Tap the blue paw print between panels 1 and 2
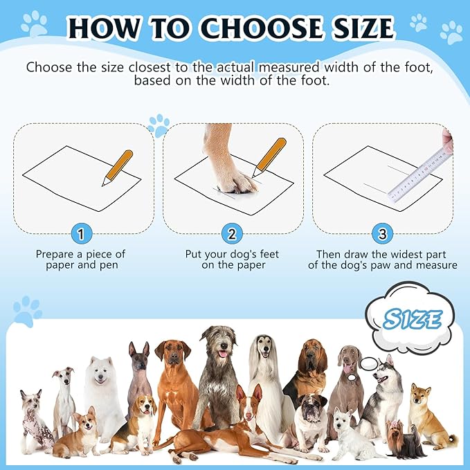pos(159,126)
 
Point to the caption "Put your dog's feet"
pos(232,254)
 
